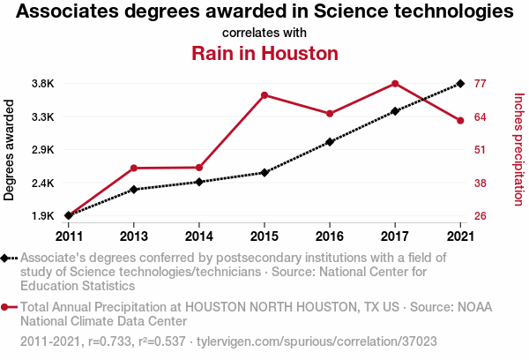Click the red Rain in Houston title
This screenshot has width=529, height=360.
264,53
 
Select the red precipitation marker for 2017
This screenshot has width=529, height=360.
395,83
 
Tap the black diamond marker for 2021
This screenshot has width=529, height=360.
460,84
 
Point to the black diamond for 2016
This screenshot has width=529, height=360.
330,141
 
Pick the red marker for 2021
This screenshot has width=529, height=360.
460,120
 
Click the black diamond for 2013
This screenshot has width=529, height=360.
134,189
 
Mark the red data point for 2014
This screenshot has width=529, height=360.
199,168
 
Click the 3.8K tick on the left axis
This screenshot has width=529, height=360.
43,84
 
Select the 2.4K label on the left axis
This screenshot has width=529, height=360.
43,183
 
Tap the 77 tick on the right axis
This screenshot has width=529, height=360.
481,84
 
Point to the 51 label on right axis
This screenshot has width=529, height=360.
481,150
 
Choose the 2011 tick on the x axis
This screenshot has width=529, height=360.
69,236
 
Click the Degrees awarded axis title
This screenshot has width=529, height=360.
10,150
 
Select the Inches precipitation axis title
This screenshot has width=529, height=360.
518,150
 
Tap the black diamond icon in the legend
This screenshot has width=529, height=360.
6,258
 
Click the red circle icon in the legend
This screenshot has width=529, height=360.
6,307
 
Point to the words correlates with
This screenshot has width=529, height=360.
264,33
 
